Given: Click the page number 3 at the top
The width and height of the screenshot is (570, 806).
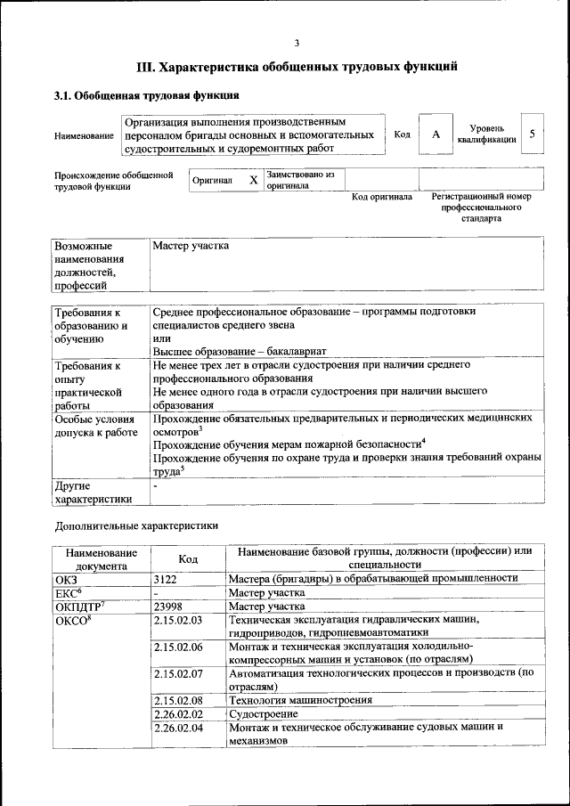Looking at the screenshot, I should coord(297,42).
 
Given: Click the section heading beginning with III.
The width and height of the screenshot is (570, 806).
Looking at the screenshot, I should coord(297,66).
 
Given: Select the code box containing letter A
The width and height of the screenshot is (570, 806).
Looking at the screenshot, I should coord(436,134).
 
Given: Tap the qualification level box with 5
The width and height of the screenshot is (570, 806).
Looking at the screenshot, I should coord(532,134).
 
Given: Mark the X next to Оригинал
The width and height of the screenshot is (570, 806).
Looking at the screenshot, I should coord(253,180).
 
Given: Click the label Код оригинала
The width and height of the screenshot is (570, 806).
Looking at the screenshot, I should coord(381,197).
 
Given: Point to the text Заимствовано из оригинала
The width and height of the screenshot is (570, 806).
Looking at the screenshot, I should coord(299,181).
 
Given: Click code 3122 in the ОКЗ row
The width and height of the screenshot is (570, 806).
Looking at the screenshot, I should coord(166,578).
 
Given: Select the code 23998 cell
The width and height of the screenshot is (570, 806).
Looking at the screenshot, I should coord(167,607).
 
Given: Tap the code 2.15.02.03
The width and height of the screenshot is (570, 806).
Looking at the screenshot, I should coord(178,620).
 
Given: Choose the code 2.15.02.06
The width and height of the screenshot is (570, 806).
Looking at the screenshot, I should coord(178,647).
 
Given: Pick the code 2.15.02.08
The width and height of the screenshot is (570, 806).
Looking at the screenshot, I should coord(178,700).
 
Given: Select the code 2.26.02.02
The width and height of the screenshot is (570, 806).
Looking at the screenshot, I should coord(178,713).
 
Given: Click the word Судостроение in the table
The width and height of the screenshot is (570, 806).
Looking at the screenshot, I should coord(264,713).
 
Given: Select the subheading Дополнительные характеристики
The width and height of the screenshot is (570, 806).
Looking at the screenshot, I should coord(136,526).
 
